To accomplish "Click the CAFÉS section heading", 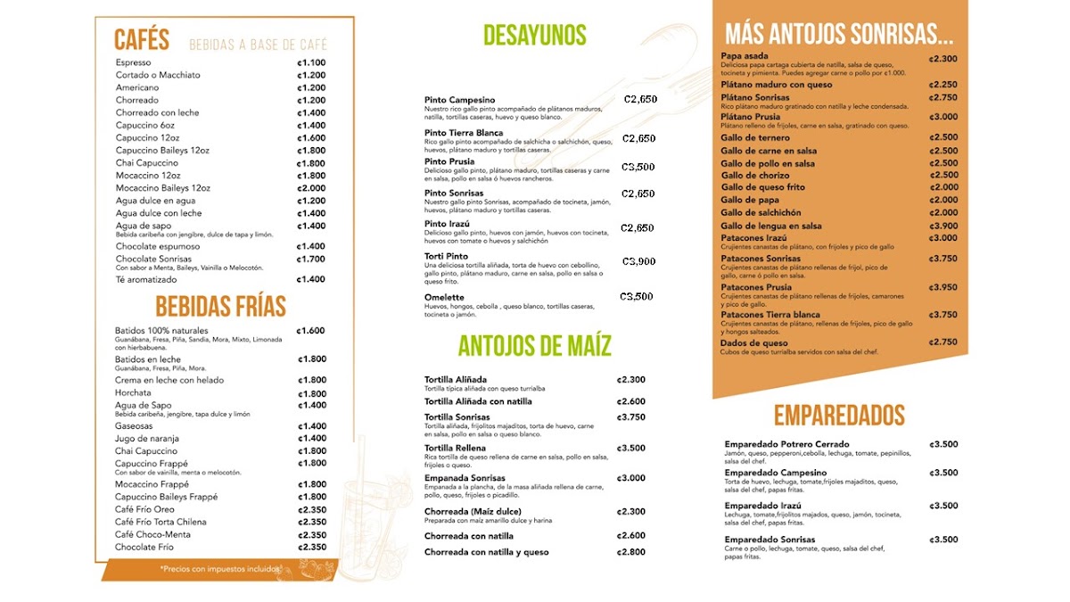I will tap(142, 40).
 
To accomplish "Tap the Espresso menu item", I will tap(134, 62).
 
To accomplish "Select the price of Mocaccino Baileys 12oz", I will tap(311, 188).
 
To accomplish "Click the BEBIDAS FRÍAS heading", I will tap(220, 307).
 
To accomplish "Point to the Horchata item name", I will tap(133, 393).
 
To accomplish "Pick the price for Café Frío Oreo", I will tap(311, 509).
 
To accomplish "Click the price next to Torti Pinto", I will tap(638, 261).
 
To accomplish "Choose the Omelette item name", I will tap(444, 297).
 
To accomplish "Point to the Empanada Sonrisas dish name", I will tap(465, 478).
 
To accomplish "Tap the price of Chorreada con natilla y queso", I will tap(630, 552).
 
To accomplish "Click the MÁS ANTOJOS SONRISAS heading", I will tap(838, 35).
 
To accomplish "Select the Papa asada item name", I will tap(745, 56).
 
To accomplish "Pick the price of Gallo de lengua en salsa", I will tap(943, 227).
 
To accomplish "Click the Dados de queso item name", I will tap(754, 342).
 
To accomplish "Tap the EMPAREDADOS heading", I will tap(838, 416).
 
